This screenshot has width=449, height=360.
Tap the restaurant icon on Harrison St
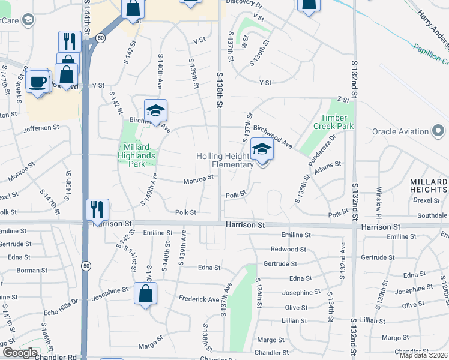97,209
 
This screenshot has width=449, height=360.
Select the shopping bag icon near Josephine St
146,293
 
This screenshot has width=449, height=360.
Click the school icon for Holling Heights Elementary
262,150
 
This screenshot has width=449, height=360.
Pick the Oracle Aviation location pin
439,131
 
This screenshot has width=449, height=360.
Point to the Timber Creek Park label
334,122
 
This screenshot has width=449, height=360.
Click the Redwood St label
288,249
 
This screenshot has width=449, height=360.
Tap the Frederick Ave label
199,299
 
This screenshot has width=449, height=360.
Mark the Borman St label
28,270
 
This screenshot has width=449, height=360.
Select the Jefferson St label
41,128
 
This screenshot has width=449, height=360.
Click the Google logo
20,353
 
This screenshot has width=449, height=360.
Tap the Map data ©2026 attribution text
424,355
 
